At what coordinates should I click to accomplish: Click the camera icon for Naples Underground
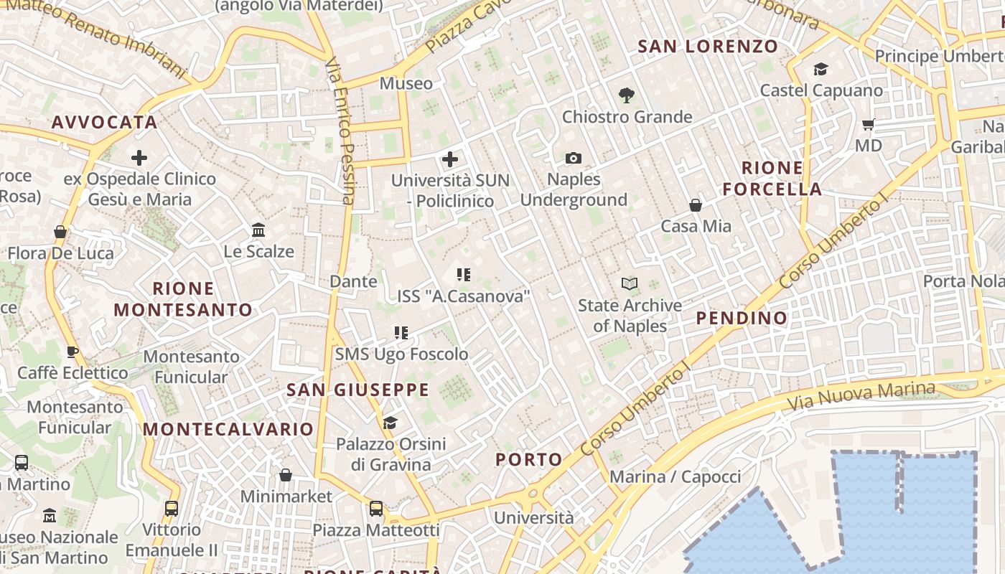coord(573,158)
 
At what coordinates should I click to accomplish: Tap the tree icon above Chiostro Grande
coord(627,95)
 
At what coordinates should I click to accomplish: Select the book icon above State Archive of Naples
coord(630,284)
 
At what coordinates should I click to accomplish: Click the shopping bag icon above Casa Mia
coord(696,205)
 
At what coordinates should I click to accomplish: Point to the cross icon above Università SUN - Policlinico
coord(450,159)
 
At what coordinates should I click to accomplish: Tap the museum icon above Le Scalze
coord(258,230)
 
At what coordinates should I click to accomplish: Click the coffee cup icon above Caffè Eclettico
coord(72,352)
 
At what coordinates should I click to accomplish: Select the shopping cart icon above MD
coord(868,125)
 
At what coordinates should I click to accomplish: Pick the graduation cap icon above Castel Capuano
coord(821,69)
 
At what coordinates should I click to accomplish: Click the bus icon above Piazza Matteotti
coord(376,509)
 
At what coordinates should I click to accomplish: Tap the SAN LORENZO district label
coord(708,47)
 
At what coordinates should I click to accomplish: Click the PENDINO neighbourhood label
coord(742,318)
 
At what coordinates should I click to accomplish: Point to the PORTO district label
coord(529,460)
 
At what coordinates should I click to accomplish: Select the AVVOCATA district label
coord(104,122)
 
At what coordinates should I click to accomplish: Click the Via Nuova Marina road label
coord(861,395)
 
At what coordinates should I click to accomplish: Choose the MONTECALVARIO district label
coord(228,429)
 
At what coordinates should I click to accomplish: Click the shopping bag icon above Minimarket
coord(286,475)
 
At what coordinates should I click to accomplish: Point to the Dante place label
coord(353,281)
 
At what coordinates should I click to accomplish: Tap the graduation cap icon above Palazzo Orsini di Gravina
coord(391,423)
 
